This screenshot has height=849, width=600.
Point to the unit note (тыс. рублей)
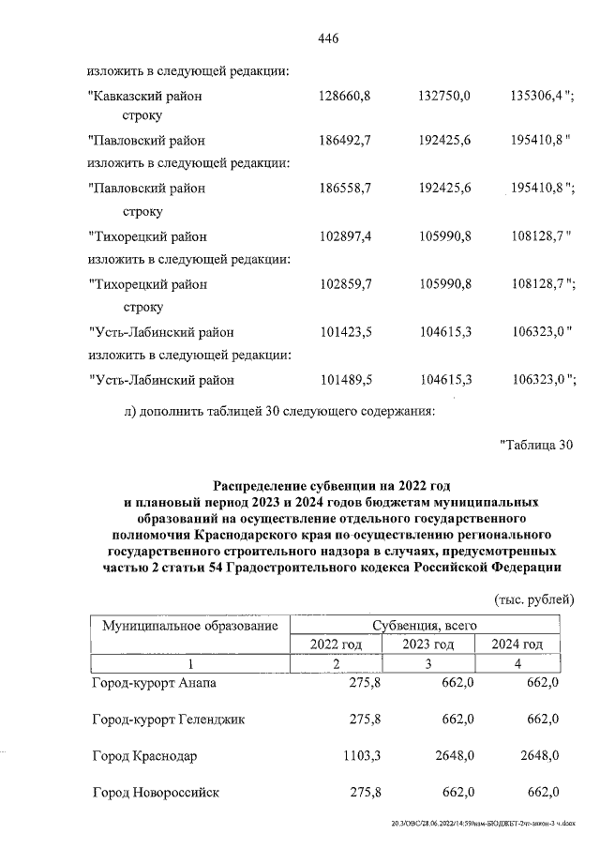tap(532, 599)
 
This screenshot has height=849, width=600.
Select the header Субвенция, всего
tap(427, 625)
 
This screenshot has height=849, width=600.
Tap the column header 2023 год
tap(427, 644)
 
